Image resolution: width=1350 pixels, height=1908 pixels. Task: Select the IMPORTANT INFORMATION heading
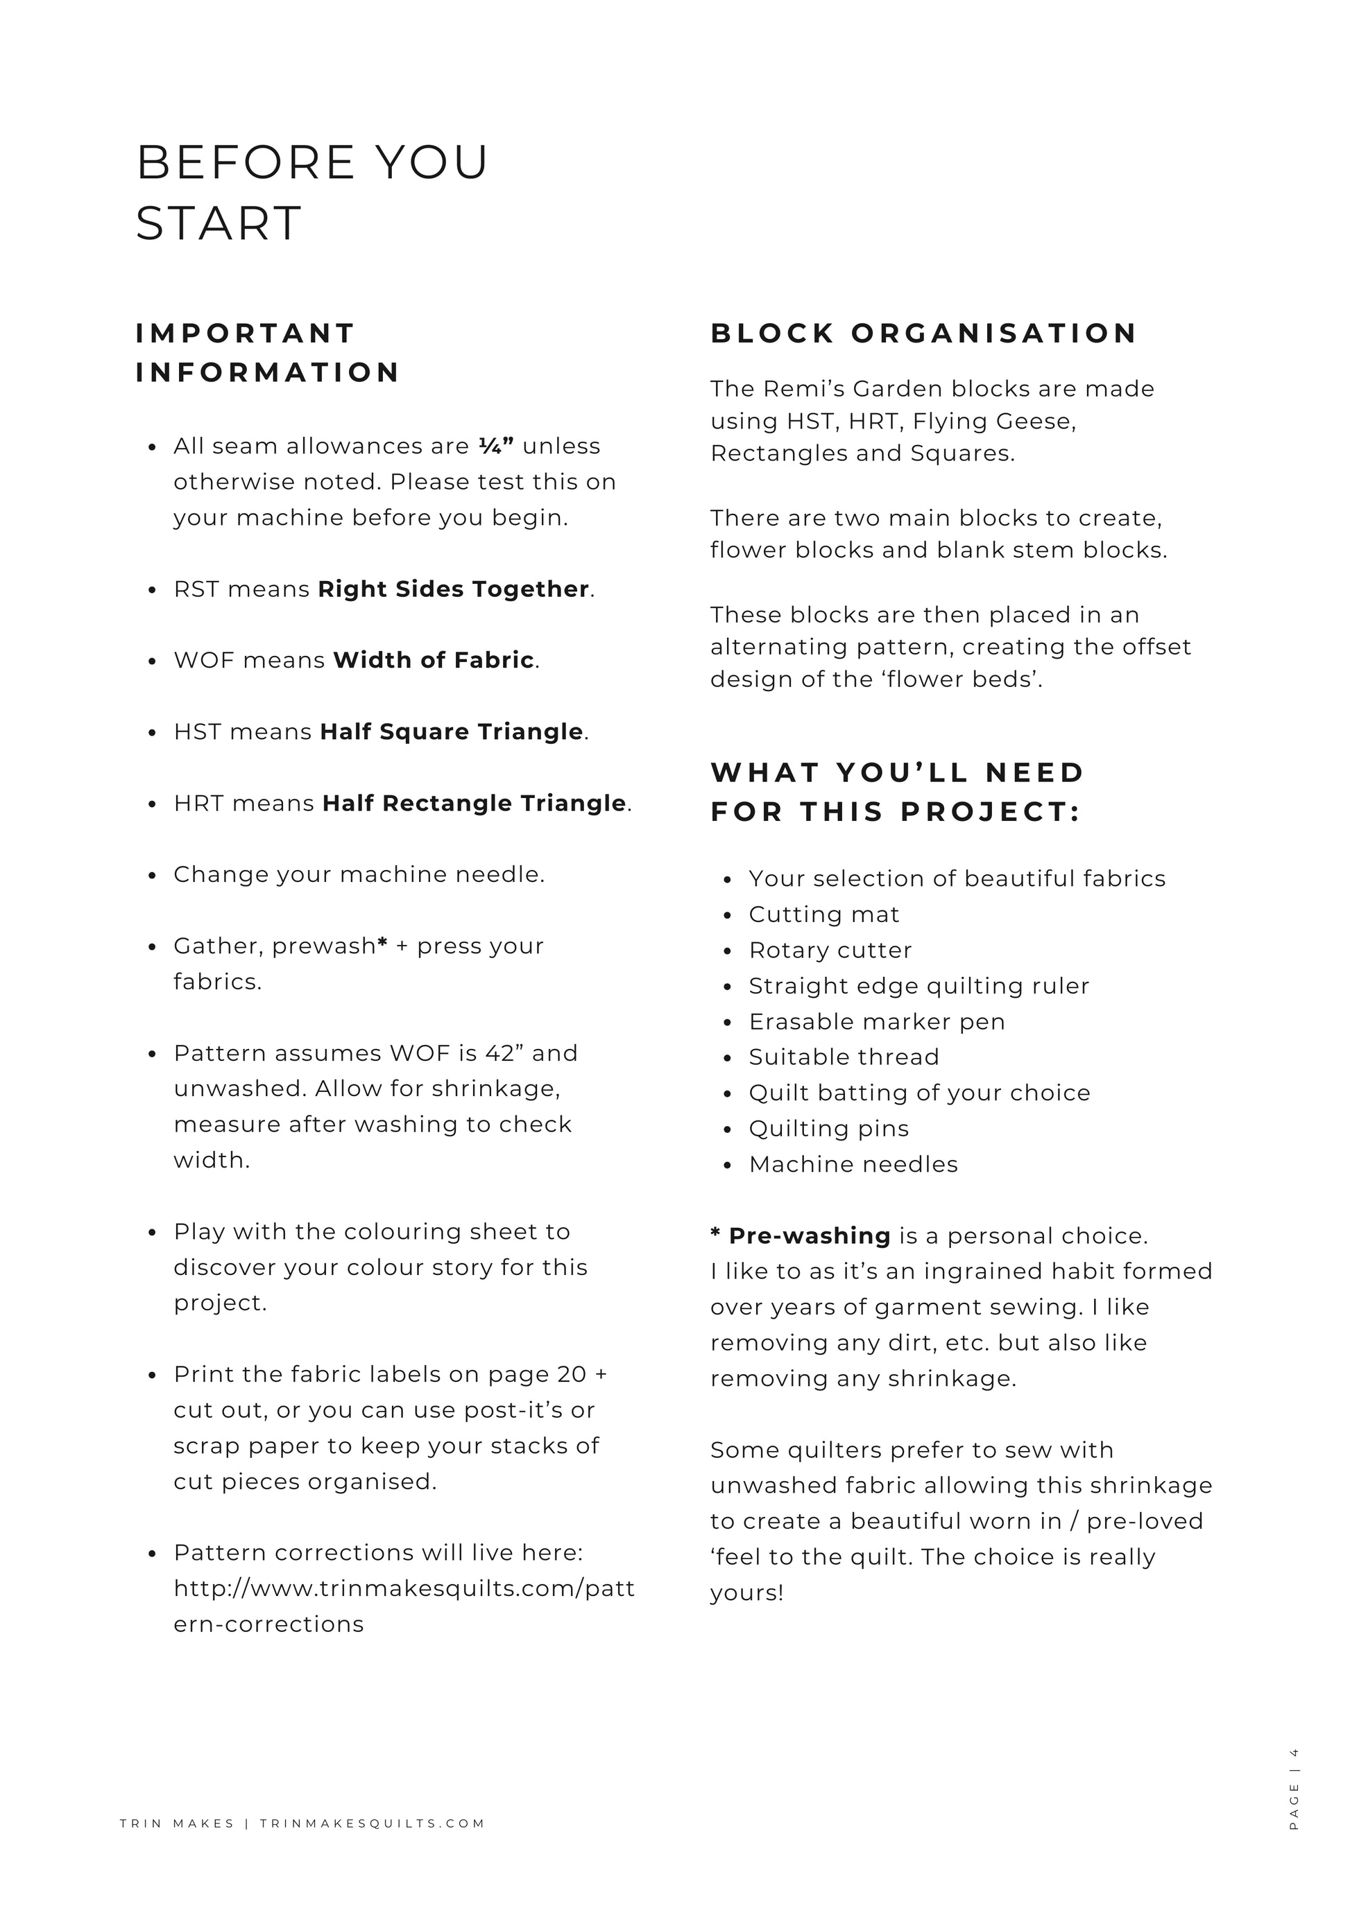coord(268,352)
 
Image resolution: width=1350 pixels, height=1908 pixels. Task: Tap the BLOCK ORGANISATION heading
coord(923,333)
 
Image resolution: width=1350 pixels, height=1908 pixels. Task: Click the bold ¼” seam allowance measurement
coord(496,446)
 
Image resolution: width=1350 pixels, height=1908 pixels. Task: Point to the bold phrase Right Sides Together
coord(453,589)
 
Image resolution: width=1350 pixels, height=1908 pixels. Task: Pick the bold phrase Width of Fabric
coord(433,661)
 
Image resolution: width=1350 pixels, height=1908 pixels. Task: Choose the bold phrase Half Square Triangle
coord(452,732)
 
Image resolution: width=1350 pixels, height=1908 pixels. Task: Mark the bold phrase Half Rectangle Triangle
coord(474,804)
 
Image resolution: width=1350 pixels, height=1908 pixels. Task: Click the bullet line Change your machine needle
coord(359,875)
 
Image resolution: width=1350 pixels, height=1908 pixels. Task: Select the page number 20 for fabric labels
coord(571,1374)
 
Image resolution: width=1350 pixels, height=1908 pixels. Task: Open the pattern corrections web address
coord(404,1589)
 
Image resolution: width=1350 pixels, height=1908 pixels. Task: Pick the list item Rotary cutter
coord(830,951)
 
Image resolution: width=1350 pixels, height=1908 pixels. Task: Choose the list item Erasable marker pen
coord(877,1022)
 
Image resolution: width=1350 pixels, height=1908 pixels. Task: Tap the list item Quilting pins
coord(829,1129)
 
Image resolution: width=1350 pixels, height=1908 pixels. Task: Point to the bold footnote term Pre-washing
coord(809,1237)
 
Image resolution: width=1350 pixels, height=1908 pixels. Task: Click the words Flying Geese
coord(994,422)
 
